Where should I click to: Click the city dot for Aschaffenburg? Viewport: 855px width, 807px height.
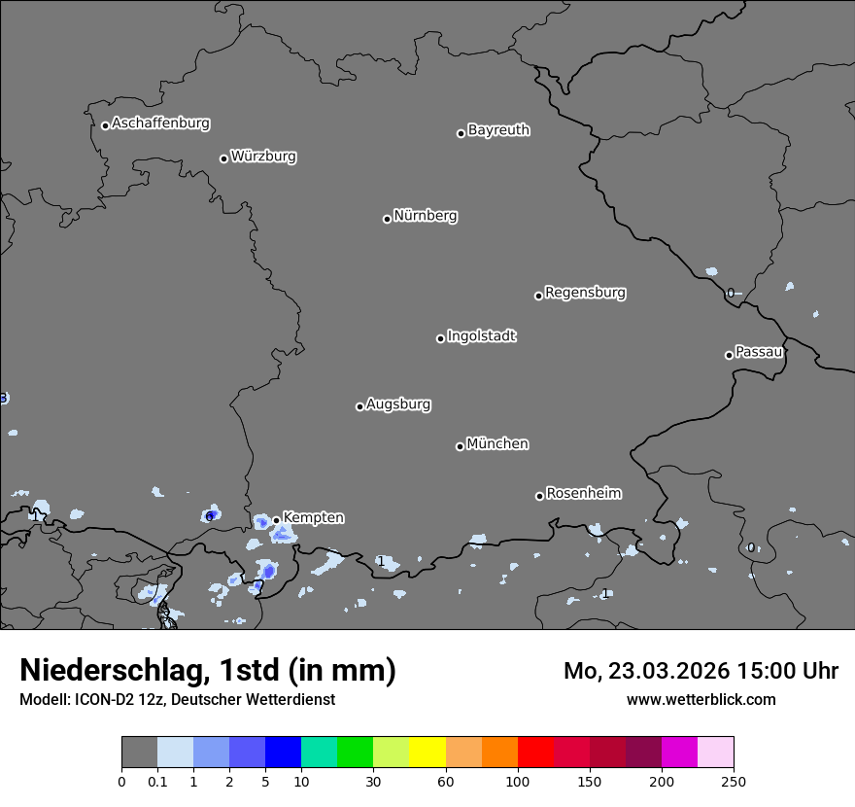pos(105,125)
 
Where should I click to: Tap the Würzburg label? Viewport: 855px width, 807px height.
pos(262,157)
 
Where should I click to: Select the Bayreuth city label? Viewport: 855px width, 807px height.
pos(498,130)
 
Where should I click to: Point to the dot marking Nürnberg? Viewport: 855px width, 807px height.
pos(387,219)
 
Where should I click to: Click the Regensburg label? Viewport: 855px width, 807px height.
pos(585,293)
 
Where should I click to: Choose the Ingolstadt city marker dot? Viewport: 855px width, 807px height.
pos(440,338)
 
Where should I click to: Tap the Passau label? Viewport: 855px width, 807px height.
pos(759,352)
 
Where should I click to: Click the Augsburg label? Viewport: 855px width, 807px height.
pos(398,404)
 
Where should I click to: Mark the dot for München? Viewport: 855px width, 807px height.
pos(460,446)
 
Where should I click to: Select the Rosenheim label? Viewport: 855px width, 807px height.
pos(583,494)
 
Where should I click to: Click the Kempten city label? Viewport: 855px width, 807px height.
pos(313,518)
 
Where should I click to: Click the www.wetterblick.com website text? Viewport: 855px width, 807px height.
pos(701,699)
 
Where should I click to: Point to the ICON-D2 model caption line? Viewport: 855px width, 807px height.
pos(177,699)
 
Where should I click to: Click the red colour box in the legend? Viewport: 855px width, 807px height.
pos(535,753)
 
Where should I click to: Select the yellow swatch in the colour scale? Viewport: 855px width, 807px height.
pos(427,753)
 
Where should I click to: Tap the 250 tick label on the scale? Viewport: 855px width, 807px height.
pos(733,781)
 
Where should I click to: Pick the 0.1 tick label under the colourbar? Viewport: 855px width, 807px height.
pos(157,781)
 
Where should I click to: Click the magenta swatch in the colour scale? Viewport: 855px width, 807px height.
pos(679,753)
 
